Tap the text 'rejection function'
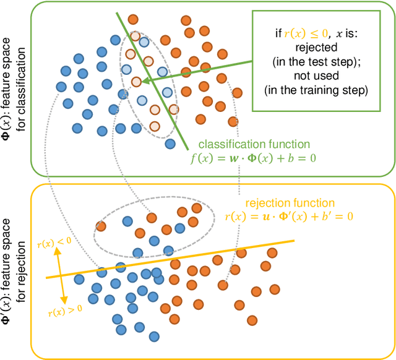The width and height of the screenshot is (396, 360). (x=290, y=202)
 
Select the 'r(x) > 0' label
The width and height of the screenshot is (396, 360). (x=65, y=308)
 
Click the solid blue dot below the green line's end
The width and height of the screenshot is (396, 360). (x=170, y=144)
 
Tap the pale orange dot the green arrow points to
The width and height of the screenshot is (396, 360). (x=136, y=81)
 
